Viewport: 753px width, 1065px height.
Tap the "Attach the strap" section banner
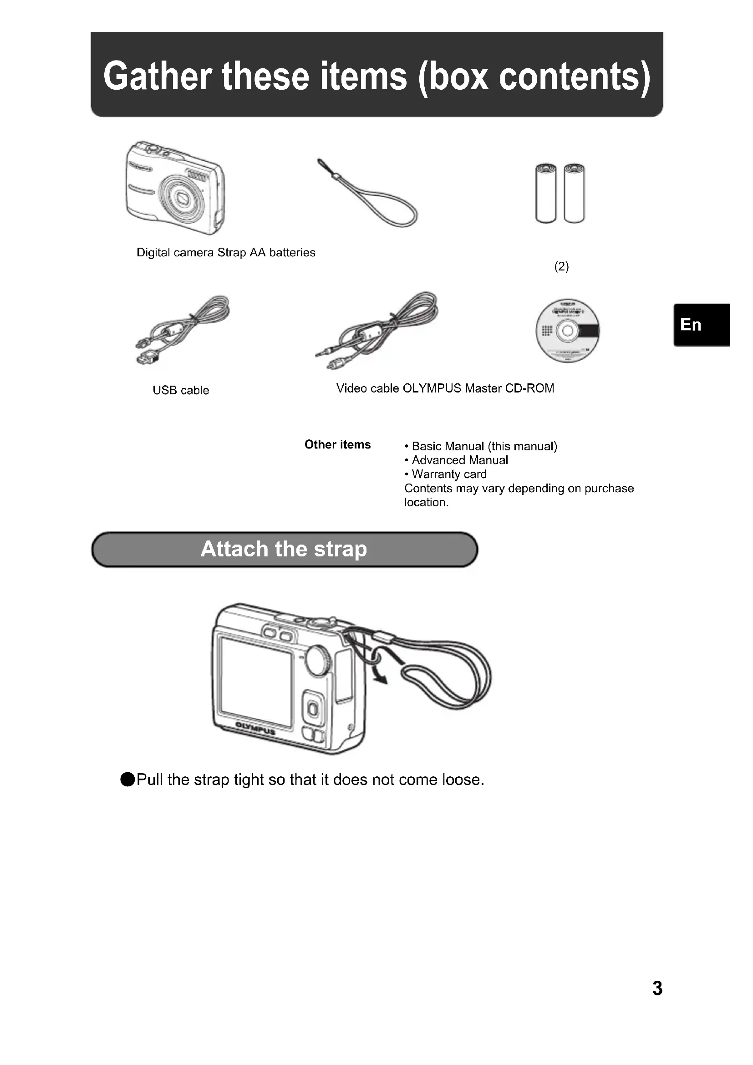click(284, 549)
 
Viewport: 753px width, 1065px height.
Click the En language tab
click(702, 325)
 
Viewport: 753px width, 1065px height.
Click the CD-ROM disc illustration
click(567, 331)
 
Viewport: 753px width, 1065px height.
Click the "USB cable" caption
click(181, 390)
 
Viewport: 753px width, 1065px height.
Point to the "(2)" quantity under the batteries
click(561, 266)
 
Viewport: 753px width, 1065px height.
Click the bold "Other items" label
click(337, 444)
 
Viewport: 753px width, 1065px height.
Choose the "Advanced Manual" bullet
click(459, 460)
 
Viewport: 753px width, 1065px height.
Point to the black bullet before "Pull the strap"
click(127, 780)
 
